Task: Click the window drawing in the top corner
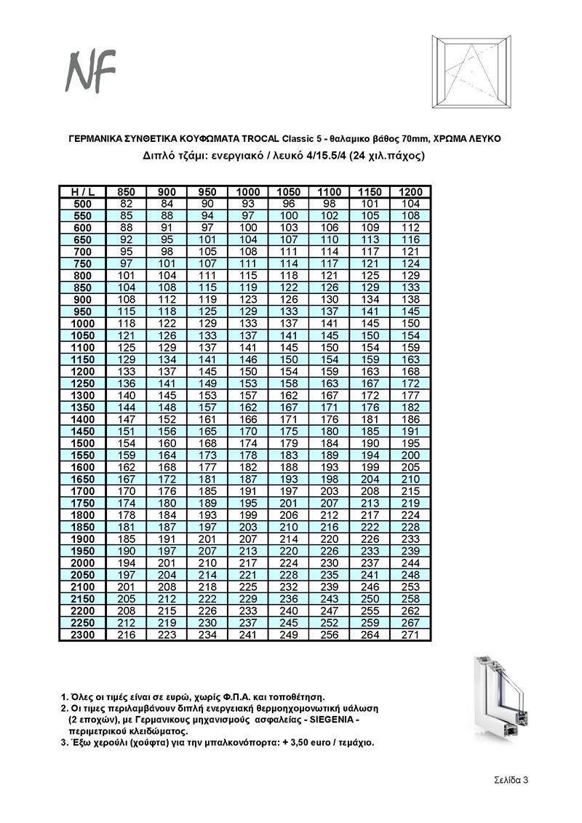tap(471, 71)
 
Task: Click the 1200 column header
tap(410, 191)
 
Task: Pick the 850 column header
tap(127, 191)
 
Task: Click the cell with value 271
tap(410, 635)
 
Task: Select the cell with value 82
tap(127, 204)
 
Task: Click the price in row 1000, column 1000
tap(248, 323)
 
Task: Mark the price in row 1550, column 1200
tap(410, 455)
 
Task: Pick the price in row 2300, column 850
tap(127, 635)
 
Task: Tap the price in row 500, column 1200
tap(410, 204)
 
